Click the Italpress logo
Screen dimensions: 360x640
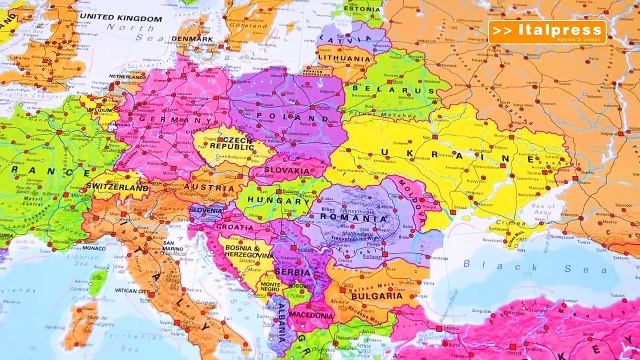click(548, 32)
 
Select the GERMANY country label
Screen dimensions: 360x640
click(161, 119)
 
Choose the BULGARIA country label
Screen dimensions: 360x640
click(378, 295)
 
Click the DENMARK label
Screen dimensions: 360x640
click(191, 39)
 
